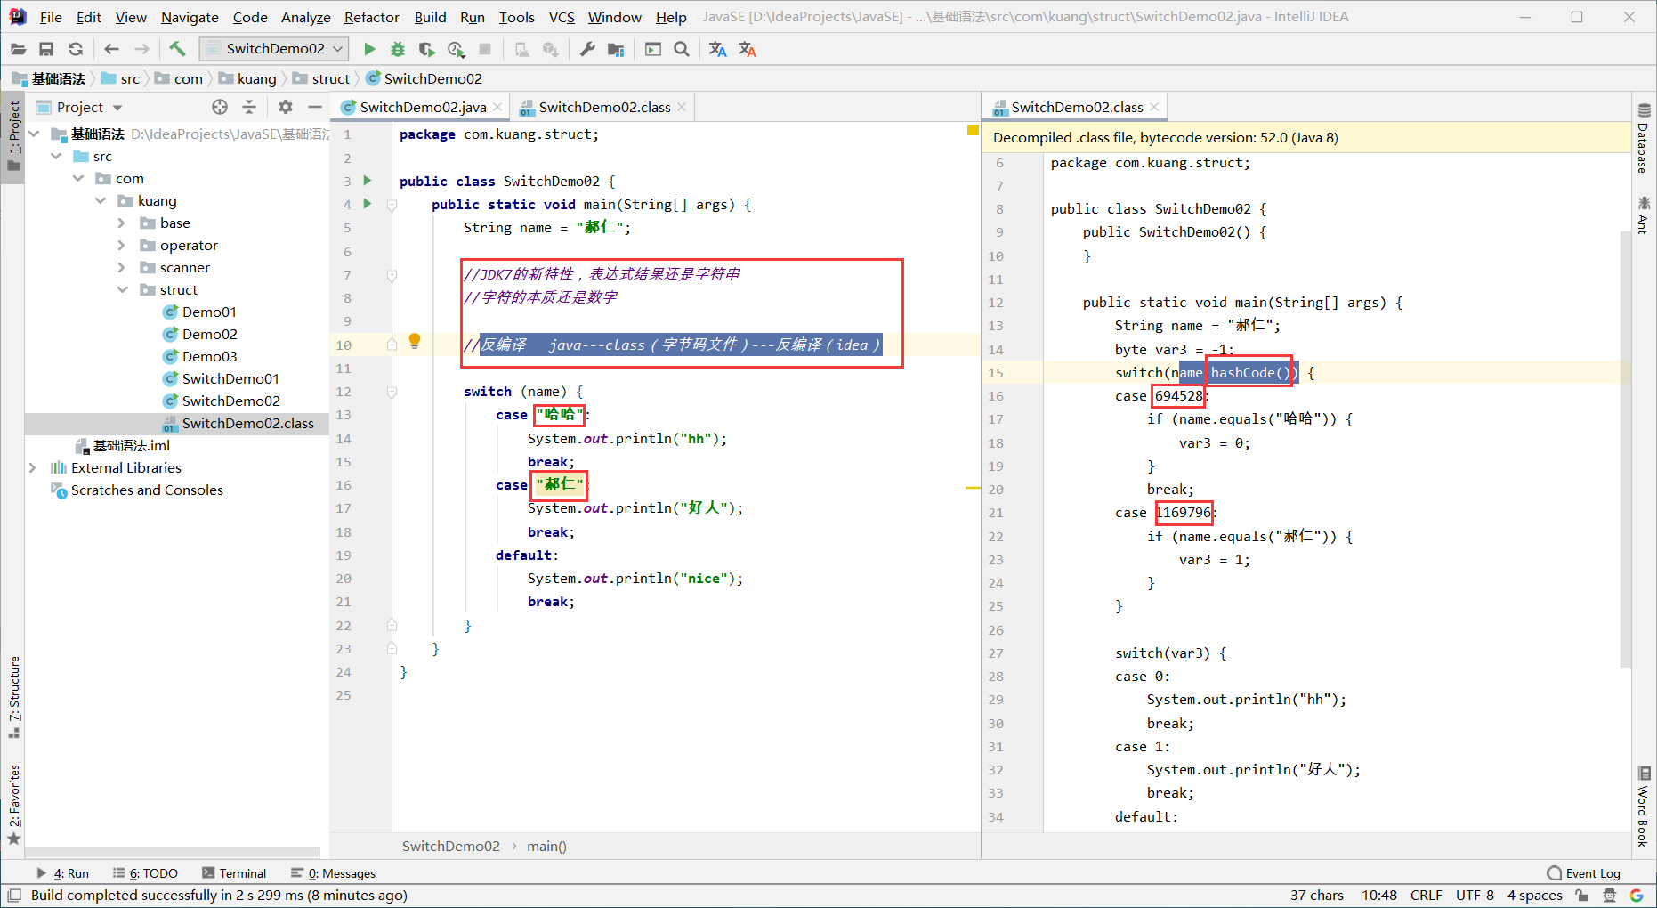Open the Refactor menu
tap(371, 17)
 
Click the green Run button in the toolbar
tap(369, 49)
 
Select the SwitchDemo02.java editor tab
tap(423, 107)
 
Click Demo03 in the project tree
tap(209, 356)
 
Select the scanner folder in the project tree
tap(185, 267)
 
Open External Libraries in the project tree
tap(126, 467)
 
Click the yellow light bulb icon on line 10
tap(414, 341)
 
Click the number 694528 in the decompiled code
tap(1178, 395)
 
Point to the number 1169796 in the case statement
tap(1184, 513)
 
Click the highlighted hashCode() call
tap(1249, 372)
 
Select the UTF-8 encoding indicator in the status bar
tap(1475, 895)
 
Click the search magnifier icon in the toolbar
tap(682, 49)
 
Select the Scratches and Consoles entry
tap(147, 490)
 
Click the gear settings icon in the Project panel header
tap(285, 107)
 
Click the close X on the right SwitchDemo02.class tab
tap(1154, 107)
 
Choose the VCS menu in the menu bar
tap(562, 17)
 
